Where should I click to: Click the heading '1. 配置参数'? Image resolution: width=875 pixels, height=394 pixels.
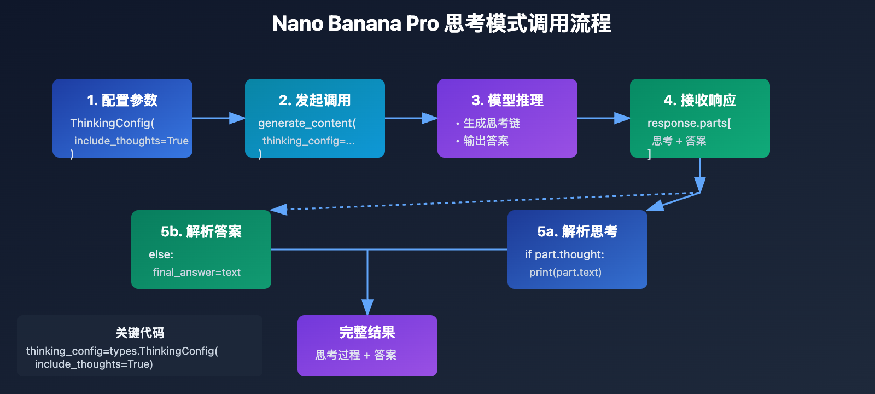pyautogui.click(x=122, y=100)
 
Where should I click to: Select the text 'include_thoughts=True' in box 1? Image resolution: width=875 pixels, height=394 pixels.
pyautogui.click(x=131, y=141)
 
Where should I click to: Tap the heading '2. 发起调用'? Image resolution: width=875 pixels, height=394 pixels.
pyautogui.click(x=314, y=100)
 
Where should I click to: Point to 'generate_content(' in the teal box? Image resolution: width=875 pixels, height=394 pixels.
pyautogui.click(x=307, y=123)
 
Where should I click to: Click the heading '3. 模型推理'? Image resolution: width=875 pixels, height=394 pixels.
pyautogui.click(x=507, y=100)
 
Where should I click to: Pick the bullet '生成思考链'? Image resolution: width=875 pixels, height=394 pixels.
pyautogui.click(x=491, y=123)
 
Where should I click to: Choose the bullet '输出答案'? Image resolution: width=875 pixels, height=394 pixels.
pyautogui.click(x=486, y=141)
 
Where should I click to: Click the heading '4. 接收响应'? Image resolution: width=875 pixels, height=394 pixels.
pyautogui.click(x=699, y=100)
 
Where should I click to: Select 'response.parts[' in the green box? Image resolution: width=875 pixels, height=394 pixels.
pyautogui.click(x=689, y=123)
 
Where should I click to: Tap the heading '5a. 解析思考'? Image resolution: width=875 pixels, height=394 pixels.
pyautogui.click(x=577, y=231)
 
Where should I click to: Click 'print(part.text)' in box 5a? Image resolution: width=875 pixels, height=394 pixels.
pyautogui.click(x=565, y=272)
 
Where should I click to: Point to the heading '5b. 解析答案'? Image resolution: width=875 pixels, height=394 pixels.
pyautogui.click(x=201, y=231)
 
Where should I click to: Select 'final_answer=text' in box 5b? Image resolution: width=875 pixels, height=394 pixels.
pyautogui.click(x=196, y=272)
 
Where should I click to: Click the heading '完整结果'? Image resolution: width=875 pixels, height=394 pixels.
pyautogui.click(x=367, y=332)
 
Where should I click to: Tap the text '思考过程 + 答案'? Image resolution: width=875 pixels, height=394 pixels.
pyautogui.click(x=355, y=355)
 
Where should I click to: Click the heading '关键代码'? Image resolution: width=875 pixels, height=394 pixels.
pyautogui.click(x=139, y=333)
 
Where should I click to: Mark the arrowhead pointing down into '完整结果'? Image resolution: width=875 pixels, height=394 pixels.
pyautogui.click(x=367, y=307)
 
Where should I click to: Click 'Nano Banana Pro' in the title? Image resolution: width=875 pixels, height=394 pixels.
pyautogui.click(x=355, y=24)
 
